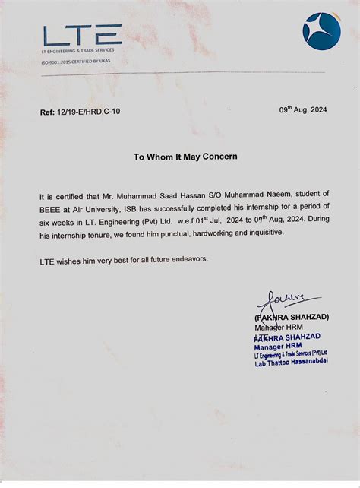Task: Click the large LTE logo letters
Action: [x=82, y=35]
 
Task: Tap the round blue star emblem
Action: [x=321, y=31]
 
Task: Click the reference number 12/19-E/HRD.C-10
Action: [x=90, y=112]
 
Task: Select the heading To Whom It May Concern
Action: [x=185, y=157]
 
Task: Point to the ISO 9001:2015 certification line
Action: [x=75, y=61]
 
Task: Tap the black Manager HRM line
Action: [x=278, y=327]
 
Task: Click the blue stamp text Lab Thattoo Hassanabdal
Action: [x=291, y=363]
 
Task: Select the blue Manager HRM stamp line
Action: [x=279, y=346]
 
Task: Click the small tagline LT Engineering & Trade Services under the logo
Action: [x=77, y=50]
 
